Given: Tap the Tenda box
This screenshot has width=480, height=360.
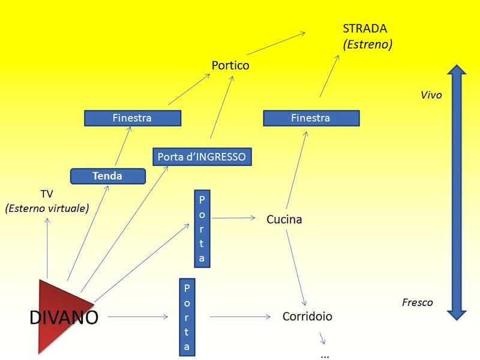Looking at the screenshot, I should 108,176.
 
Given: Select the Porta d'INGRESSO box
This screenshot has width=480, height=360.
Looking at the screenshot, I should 202,157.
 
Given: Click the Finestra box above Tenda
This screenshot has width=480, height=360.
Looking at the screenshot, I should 132,118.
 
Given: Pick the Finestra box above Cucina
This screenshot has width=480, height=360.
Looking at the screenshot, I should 311,118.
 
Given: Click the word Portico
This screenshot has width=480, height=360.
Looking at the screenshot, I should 230,65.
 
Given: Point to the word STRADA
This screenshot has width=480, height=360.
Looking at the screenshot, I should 365,29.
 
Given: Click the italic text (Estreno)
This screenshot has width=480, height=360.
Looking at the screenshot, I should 367,44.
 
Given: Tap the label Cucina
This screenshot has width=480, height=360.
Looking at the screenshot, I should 284,220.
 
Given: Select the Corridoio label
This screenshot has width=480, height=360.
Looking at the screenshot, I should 307,316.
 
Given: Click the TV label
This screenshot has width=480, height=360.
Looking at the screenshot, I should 47,194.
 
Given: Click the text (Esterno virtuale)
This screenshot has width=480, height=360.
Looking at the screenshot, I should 47,208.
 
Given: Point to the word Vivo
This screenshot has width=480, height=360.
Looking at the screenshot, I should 431,95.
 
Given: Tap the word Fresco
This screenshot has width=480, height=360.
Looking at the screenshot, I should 417,302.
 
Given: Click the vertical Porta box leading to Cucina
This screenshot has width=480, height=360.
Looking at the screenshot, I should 202,229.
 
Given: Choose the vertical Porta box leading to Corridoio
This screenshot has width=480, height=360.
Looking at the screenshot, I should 187,316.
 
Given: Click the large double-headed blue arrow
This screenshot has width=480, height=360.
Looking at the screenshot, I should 457,192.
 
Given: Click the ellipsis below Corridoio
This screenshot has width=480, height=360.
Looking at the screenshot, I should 325,355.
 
